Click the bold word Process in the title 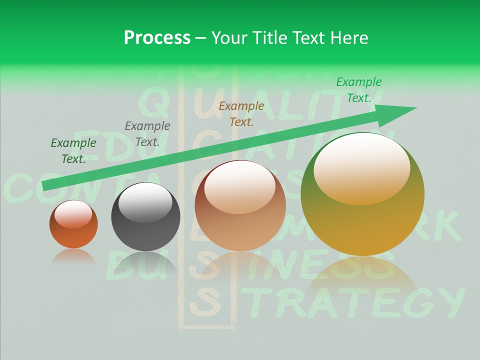157,37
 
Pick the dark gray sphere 145,220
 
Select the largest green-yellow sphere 362,200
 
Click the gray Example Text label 147,133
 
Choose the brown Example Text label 241,113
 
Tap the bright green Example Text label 358,89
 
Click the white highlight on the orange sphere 73,214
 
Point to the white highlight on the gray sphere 145,202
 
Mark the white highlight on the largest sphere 361,167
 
